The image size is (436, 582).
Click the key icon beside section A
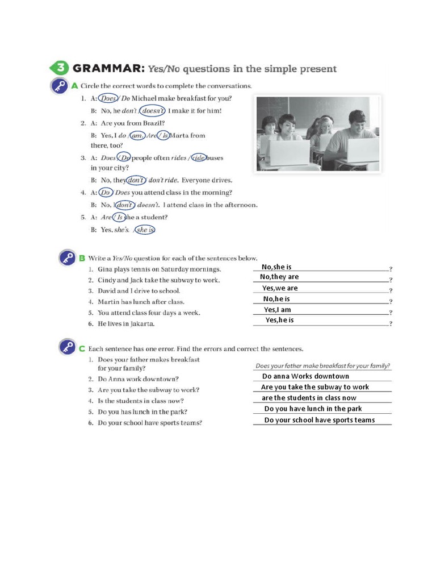tap(60, 87)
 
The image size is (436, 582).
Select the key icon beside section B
tap(68, 259)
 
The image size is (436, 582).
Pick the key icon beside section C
tap(68, 347)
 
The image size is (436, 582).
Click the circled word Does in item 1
tap(108, 98)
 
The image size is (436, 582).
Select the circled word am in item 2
tap(136, 135)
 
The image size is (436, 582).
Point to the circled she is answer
tap(145, 230)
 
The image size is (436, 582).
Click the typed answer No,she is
tap(276, 267)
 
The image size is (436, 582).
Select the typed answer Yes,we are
tap(280, 288)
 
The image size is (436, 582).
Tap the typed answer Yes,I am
tap(278, 310)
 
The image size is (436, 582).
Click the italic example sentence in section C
tap(322, 366)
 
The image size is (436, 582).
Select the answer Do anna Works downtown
tap(305, 376)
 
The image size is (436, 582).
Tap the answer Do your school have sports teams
tap(320, 420)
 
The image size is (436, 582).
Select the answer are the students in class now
tap(309, 398)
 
